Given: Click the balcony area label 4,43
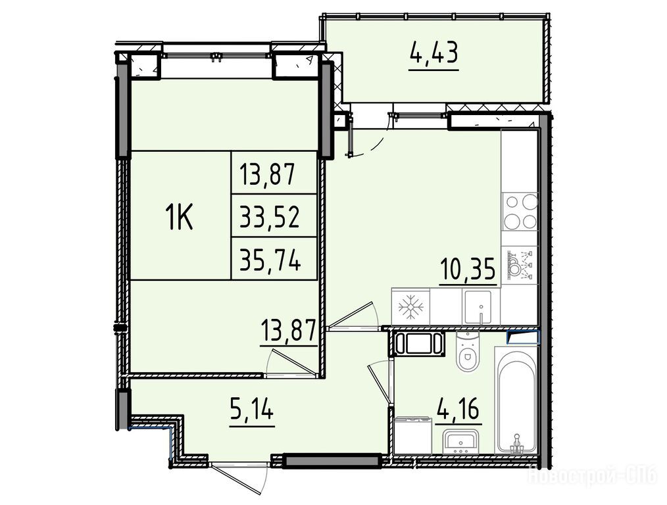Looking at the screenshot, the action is [x=434, y=53].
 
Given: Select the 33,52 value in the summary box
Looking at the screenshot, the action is [x=269, y=216].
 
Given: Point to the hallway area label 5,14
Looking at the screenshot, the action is [x=251, y=411].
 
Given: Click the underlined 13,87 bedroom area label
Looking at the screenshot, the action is [x=288, y=331].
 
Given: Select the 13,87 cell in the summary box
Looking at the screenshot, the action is [x=267, y=174].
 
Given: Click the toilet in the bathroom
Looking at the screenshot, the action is [x=467, y=350].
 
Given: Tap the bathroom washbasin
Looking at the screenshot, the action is [x=460, y=441].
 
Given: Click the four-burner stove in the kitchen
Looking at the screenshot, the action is [x=520, y=211].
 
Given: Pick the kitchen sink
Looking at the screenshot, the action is [x=478, y=307].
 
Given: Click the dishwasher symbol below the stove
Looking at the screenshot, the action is [x=520, y=264].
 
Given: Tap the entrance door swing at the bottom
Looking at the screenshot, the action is [x=241, y=479].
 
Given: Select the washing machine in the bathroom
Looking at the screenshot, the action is [x=412, y=436].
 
